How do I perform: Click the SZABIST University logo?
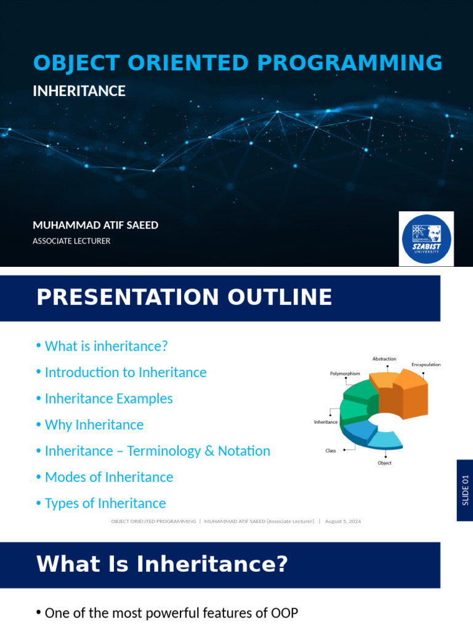point(426,238)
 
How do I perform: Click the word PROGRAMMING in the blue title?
point(350,63)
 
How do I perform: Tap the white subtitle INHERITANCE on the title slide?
point(79,91)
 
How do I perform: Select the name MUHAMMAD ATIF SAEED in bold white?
point(95,225)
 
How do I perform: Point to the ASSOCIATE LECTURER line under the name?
point(71,241)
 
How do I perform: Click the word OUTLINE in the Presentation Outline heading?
point(280,297)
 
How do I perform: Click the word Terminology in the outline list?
point(164,451)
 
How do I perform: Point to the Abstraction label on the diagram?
point(384,359)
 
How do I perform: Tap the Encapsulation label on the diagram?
point(426,365)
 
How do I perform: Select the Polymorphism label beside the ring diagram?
point(345,373)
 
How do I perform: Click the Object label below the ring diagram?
point(384,463)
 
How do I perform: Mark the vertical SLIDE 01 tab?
point(465,490)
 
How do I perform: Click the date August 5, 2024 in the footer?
point(343,521)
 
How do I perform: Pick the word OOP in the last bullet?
point(285,613)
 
